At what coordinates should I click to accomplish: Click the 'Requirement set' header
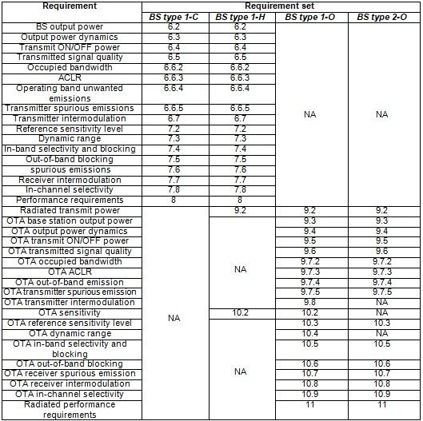pyautogui.click(x=281, y=6)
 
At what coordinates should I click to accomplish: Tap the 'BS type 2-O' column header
pyautogui.click(x=381, y=17)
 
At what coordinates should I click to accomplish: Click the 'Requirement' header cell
pyautogui.click(x=70, y=6)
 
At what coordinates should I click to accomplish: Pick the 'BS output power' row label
pyautogui.click(x=70, y=26)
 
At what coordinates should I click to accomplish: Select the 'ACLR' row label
pyautogui.click(x=70, y=77)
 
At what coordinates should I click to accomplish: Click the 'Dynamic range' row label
pyautogui.click(x=70, y=138)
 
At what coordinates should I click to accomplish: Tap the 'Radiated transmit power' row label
pyautogui.click(x=70, y=210)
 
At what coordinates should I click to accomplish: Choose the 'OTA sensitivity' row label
pyautogui.click(x=70, y=312)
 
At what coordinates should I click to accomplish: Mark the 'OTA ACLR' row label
pyautogui.click(x=70, y=272)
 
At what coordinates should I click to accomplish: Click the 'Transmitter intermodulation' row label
pyautogui.click(x=70, y=118)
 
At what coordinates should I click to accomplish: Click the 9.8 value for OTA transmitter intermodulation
pyautogui.click(x=310, y=303)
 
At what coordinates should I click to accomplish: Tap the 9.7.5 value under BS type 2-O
pyautogui.click(x=381, y=292)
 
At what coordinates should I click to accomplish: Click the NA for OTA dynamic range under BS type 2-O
pyautogui.click(x=381, y=333)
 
